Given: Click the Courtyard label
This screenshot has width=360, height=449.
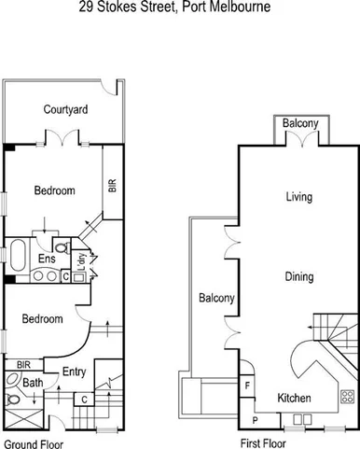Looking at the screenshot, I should pyautogui.click(x=65, y=110).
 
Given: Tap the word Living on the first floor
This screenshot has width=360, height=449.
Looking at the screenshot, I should pyautogui.click(x=298, y=197).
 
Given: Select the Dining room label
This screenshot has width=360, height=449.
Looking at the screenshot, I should pyautogui.click(x=298, y=276).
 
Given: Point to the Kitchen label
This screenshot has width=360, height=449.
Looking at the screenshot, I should pyautogui.click(x=295, y=398).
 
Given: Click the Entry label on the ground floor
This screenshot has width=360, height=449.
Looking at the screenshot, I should pyautogui.click(x=74, y=372).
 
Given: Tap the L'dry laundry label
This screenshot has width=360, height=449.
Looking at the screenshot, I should pyautogui.click(x=82, y=261).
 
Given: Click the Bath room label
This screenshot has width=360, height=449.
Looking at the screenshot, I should pyautogui.click(x=34, y=383).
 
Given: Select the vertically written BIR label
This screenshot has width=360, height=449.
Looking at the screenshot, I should pyautogui.click(x=113, y=185).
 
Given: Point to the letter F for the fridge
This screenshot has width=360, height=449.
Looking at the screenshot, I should pyautogui.click(x=248, y=384).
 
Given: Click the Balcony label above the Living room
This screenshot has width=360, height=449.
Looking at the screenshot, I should pyautogui.click(x=300, y=123).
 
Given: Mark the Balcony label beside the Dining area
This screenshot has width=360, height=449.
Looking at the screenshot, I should pyautogui.click(x=215, y=299).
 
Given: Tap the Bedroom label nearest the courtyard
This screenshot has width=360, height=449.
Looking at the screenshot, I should pyautogui.click(x=54, y=191).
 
